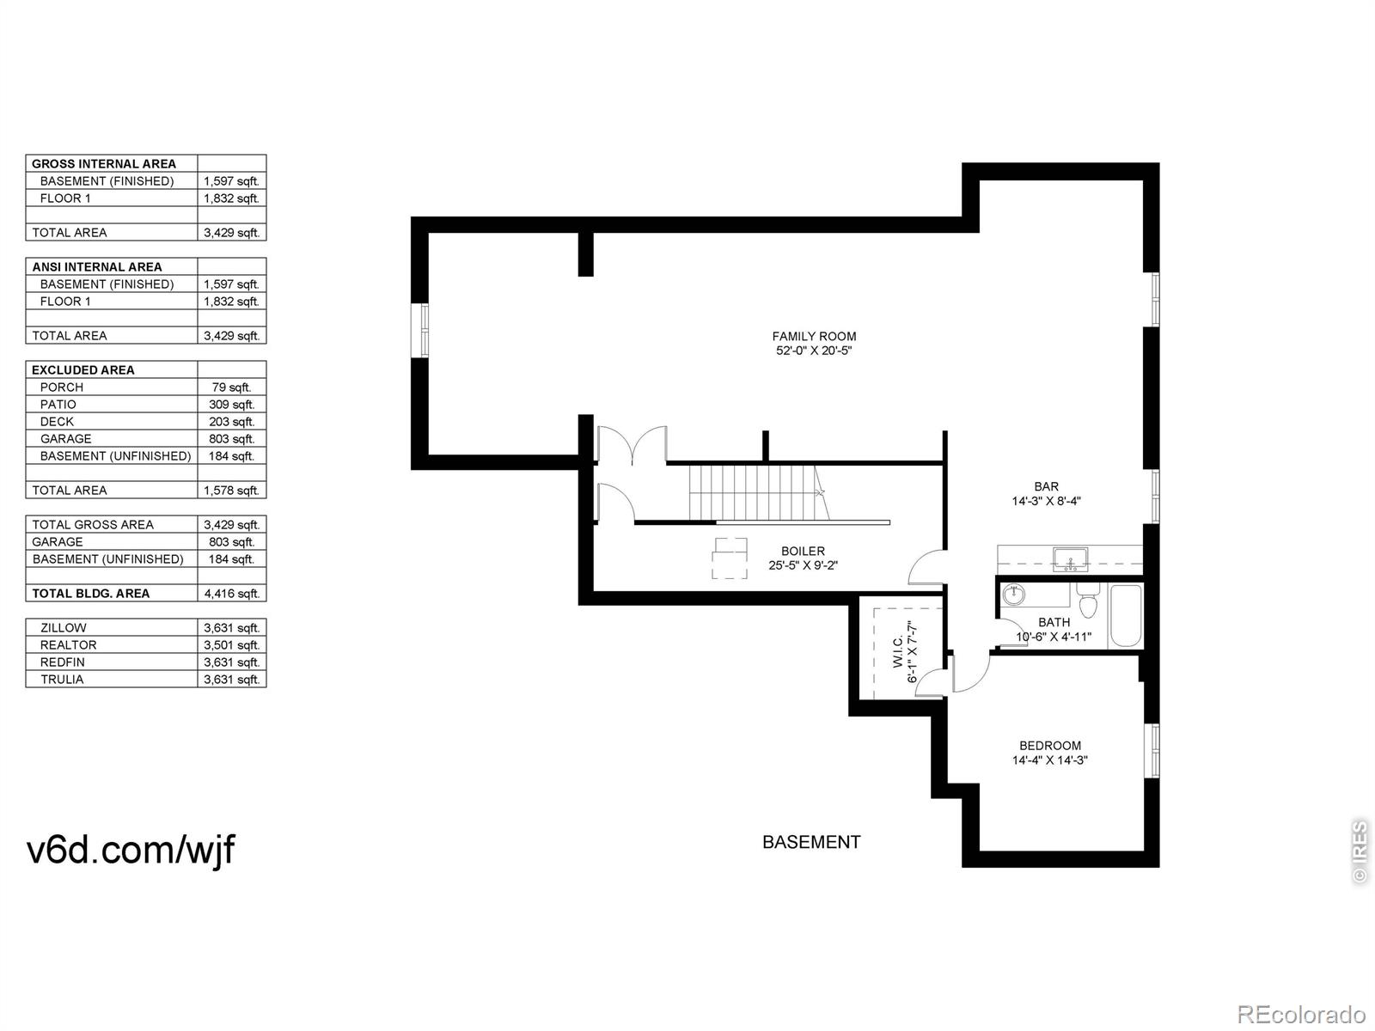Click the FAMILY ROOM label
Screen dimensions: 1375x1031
[x=814, y=336]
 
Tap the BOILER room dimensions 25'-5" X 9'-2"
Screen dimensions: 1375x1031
[x=803, y=565]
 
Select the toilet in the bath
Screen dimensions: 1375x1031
[x=1089, y=600]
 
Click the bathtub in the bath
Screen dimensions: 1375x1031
[x=1126, y=616]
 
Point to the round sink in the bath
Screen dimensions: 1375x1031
[x=1012, y=594]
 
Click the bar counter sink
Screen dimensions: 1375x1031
[x=1071, y=559]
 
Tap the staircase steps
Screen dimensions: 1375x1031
[x=759, y=492]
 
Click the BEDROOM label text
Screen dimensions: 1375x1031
[x=1050, y=746]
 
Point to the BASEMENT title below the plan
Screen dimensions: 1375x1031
[x=811, y=842]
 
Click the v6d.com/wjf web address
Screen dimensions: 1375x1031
[x=131, y=850]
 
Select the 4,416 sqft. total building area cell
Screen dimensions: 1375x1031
[x=231, y=594]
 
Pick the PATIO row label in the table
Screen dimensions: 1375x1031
[x=58, y=405]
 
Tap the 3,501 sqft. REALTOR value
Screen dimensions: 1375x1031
[x=231, y=644]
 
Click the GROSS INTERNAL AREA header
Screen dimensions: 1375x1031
[x=104, y=164]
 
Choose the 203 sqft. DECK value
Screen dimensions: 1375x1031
[x=231, y=422]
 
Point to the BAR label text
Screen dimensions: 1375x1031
[x=1046, y=486]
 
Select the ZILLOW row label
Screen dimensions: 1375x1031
[x=64, y=628]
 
